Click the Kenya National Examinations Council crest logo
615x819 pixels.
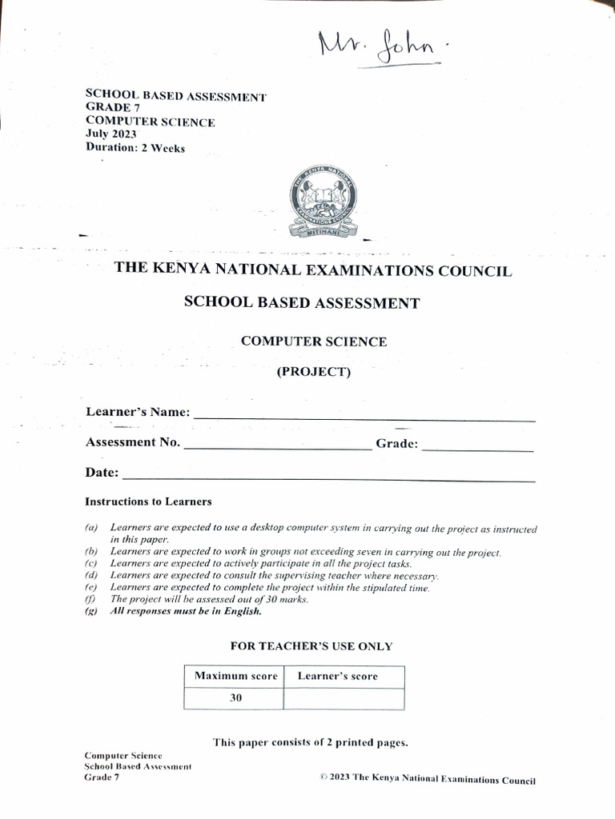(x=323, y=202)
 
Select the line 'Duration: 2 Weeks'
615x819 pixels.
(x=135, y=148)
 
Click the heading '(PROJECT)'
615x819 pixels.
(x=313, y=372)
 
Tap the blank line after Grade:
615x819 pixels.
(x=477, y=449)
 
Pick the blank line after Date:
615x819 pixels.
(x=328, y=478)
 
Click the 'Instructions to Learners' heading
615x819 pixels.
(x=148, y=502)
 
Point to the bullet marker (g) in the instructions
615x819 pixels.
(x=90, y=612)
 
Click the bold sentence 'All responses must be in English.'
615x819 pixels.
(x=186, y=612)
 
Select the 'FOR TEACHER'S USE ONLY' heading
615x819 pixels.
(x=312, y=646)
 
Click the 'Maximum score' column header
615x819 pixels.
(x=235, y=677)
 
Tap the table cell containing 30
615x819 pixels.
(x=235, y=698)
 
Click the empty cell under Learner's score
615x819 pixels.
(x=344, y=698)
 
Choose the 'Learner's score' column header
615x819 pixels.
(x=337, y=677)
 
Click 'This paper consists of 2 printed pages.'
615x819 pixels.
(x=311, y=742)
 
